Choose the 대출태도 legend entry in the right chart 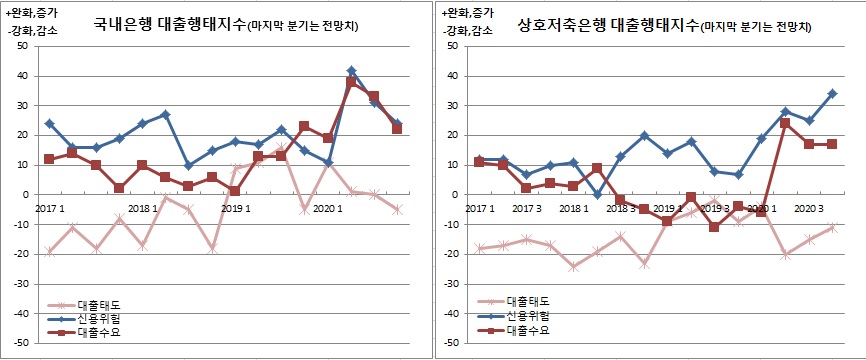tap(528, 300)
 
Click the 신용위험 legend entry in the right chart tap(528, 314)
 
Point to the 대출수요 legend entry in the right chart tap(528, 328)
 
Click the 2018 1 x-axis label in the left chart tap(142, 208)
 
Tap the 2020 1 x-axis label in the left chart tap(326, 208)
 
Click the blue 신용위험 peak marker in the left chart tap(351, 71)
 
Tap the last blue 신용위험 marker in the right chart tap(832, 94)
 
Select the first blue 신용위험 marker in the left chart tap(49, 124)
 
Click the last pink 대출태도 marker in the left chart tap(397, 209)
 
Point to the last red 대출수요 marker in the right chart tap(832, 144)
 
